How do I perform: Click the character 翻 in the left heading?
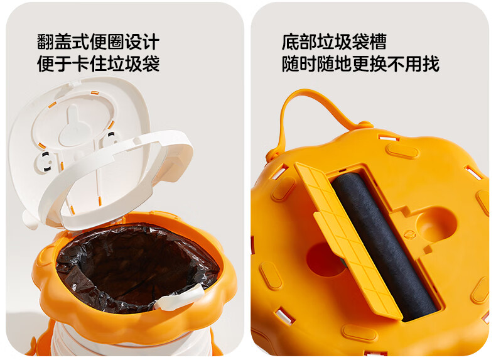click(46, 42)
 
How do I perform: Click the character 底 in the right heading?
click(291, 42)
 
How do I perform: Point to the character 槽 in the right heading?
click(378, 42)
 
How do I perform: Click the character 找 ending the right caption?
click(431, 63)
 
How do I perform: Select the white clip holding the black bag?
click(179, 298)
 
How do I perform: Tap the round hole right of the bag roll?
click(436, 226)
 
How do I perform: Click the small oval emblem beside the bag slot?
click(409, 234)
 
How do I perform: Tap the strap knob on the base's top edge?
click(364, 124)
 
